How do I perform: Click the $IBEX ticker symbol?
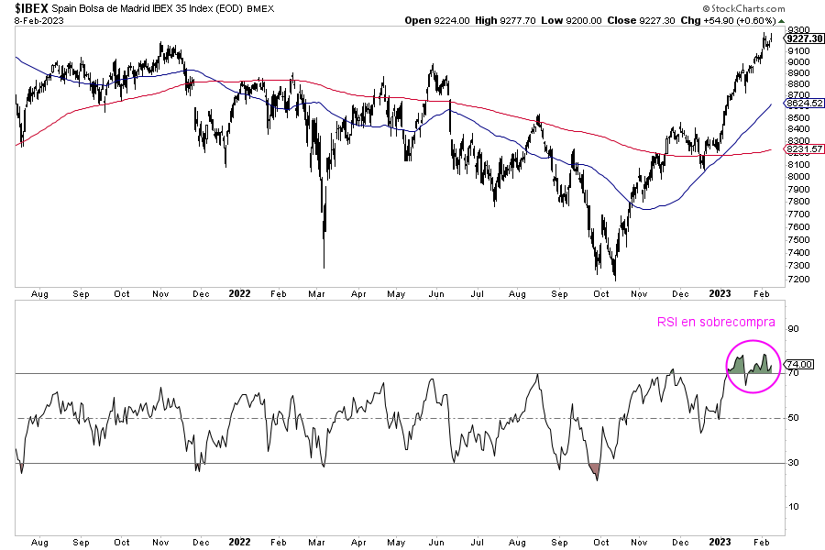click(x=31, y=8)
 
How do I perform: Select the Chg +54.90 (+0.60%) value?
click(x=735, y=20)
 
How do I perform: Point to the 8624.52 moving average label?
click(x=803, y=104)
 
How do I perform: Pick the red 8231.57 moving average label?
click(x=803, y=148)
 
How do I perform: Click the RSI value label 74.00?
click(x=799, y=364)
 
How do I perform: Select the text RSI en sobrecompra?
click(x=716, y=322)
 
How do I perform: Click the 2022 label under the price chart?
click(x=239, y=293)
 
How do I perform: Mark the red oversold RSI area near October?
click(x=596, y=471)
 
